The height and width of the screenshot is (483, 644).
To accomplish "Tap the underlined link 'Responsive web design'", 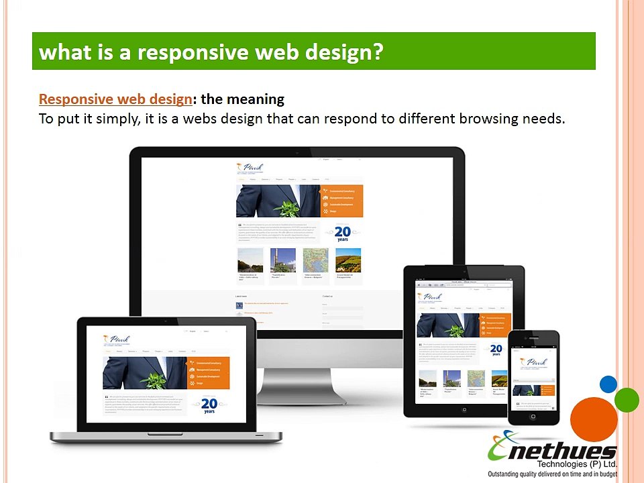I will coord(115,99).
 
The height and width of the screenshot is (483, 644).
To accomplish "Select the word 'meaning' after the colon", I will coord(256,99).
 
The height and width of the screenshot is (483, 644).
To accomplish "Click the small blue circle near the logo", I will coord(608,384).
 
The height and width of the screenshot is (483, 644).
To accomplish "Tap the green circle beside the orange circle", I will coord(627,400).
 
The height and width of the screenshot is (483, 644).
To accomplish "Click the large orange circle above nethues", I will coord(594,419).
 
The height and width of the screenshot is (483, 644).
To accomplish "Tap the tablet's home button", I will coord(464,408).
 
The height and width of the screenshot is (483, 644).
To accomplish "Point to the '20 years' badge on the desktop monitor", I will coord(342,233).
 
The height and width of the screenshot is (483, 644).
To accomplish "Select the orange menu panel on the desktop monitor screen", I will coord(342,201).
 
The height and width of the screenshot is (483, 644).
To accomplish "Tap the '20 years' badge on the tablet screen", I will coord(496,350).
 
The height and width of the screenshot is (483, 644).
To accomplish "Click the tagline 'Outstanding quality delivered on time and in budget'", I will coord(552,474).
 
